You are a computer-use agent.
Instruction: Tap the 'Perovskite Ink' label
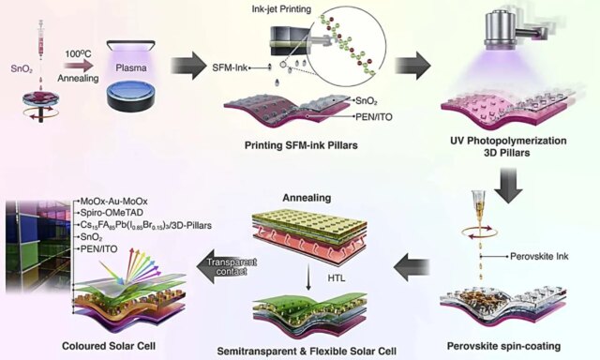tap(538, 254)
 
